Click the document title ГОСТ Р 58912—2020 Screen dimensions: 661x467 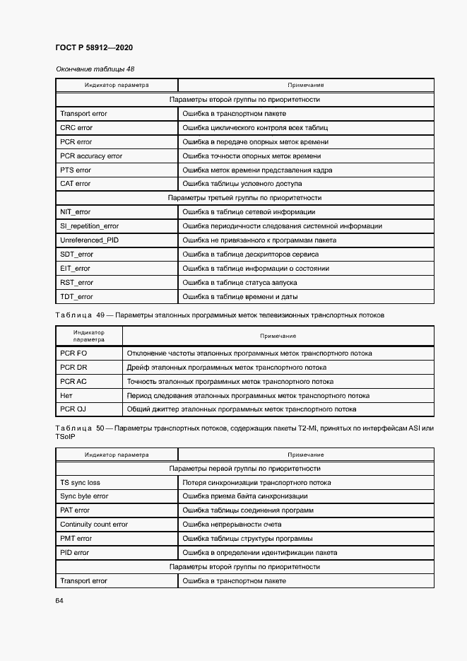coord(93,47)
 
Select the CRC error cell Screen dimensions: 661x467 coord(76,128)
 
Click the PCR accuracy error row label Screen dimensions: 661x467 coord(91,156)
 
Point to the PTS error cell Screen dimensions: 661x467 coord(76,170)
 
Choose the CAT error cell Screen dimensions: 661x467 coord(76,184)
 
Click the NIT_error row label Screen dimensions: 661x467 coord(76,212)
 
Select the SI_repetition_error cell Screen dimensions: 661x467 coord(90,226)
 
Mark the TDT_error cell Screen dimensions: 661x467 coord(76,297)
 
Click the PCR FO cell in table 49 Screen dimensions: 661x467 coord(73,353)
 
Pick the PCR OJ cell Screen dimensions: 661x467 coord(73,409)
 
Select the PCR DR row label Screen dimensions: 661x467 coord(73,368)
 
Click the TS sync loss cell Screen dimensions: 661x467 coord(80,483)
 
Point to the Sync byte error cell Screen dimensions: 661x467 coord(84,496)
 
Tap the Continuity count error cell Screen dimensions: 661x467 coord(94,525)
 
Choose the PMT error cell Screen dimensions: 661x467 coord(76,539)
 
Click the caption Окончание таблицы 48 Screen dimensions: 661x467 coord(95,69)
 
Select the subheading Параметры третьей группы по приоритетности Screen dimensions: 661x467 coord(244,198)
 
